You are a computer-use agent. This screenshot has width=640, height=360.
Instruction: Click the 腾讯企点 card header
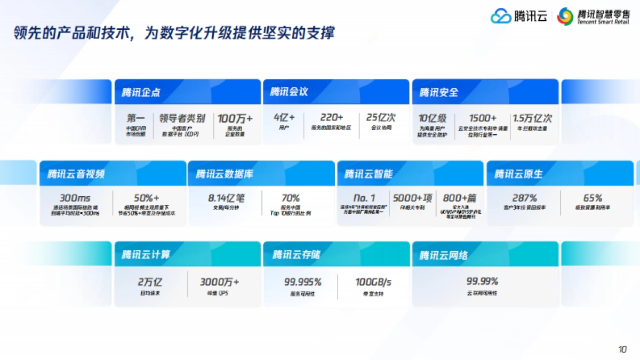click(x=141, y=92)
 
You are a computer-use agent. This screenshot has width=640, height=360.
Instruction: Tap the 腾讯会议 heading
click(x=289, y=92)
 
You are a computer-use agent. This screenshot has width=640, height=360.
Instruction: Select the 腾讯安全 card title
click(x=438, y=92)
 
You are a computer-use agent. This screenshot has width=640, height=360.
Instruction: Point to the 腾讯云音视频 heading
click(x=76, y=174)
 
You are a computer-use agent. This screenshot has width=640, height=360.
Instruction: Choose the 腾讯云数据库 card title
click(x=225, y=174)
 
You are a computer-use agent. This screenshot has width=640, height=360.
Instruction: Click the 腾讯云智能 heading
click(x=369, y=174)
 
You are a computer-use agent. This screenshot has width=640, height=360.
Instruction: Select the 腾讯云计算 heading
click(x=146, y=255)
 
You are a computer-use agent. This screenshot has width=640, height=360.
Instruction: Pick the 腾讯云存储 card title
click(x=297, y=255)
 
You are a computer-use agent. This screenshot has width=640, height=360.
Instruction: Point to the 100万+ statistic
click(x=235, y=118)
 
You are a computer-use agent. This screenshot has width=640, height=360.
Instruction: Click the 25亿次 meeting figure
click(x=381, y=117)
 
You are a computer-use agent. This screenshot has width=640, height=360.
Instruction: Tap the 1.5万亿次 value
click(x=532, y=118)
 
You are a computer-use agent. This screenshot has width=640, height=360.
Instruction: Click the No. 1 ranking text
click(x=364, y=198)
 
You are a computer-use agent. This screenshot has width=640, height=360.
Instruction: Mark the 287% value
click(x=524, y=198)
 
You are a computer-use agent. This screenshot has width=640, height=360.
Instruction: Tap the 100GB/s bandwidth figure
click(x=373, y=282)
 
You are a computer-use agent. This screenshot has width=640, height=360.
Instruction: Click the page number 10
click(x=622, y=349)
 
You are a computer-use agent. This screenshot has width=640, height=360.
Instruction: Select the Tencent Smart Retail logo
click(x=593, y=17)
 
